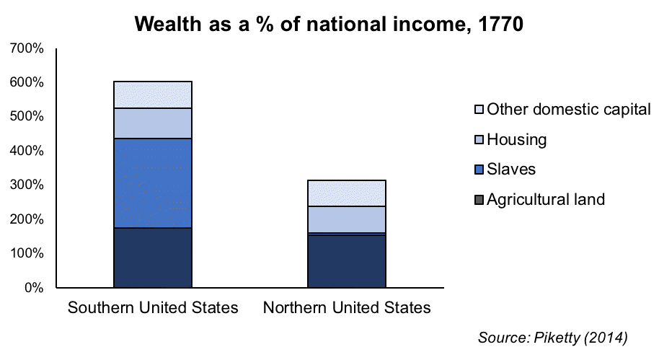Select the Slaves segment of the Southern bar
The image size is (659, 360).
point(153,183)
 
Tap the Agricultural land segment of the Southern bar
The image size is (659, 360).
point(153,258)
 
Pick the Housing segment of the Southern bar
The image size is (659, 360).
point(153,123)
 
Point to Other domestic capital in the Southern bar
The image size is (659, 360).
point(153,95)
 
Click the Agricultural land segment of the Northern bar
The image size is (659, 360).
point(347,261)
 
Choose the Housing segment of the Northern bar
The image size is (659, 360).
point(347,219)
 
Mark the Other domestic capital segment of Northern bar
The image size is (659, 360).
point(347,193)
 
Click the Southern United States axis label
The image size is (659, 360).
point(153,308)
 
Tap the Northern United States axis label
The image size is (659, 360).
point(347,308)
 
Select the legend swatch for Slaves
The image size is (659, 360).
point(478,170)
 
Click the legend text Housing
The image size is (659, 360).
point(517,139)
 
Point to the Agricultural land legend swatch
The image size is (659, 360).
point(478,200)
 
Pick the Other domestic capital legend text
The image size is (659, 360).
point(569,110)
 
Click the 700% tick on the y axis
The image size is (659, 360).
point(27,48)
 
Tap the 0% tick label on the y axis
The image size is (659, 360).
point(33,288)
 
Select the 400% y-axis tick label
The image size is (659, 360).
point(27,151)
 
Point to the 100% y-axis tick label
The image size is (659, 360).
point(27,254)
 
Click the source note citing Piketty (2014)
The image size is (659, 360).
point(553,337)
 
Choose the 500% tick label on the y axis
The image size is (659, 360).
point(27,117)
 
